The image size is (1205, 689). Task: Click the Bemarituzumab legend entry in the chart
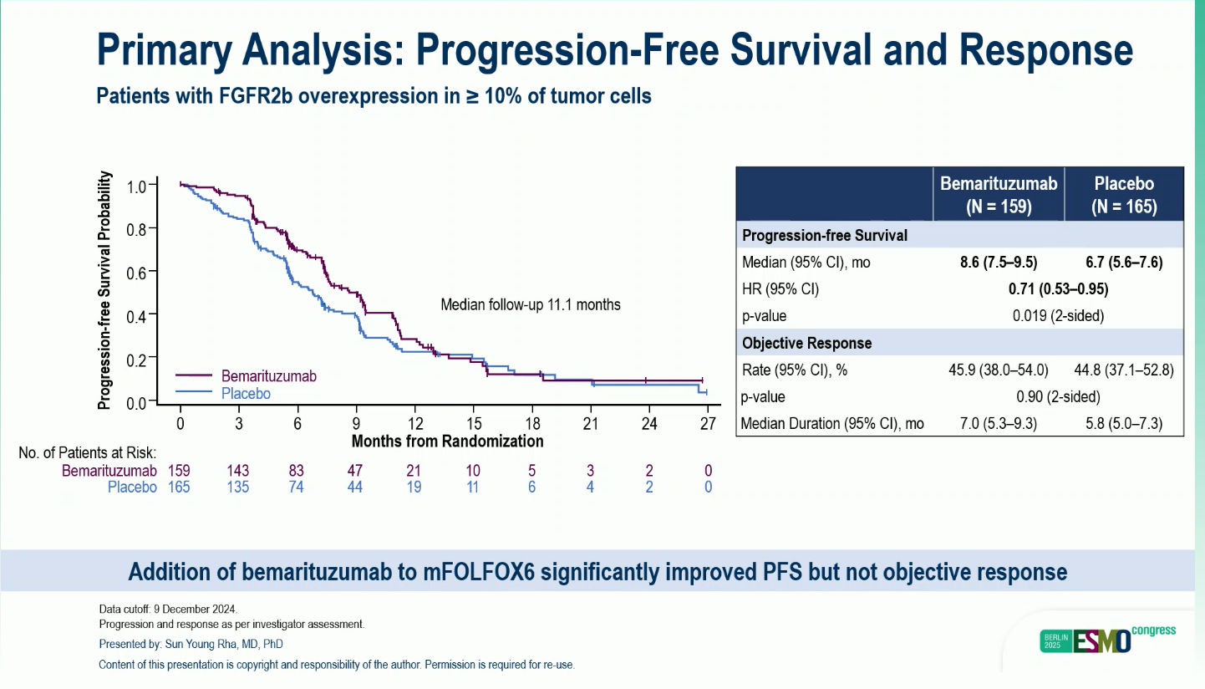(268, 376)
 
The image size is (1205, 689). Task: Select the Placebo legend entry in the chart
(246, 393)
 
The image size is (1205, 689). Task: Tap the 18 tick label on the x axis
(531, 423)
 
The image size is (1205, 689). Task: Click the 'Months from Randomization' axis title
(447, 441)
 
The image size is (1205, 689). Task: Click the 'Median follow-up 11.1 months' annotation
(531, 304)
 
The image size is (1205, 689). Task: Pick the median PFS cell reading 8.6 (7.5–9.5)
(998, 263)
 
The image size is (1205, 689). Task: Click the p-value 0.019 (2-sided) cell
(1058, 316)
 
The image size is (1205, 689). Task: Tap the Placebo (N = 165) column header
(1124, 196)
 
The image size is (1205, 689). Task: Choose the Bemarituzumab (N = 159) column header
(999, 196)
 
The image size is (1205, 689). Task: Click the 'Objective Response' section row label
(806, 343)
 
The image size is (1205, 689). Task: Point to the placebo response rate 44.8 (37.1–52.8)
(1124, 370)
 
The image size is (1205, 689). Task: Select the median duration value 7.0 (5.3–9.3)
(998, 423)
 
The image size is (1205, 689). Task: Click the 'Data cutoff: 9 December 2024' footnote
(168, 609)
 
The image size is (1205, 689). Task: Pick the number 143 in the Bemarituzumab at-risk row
(238, 471)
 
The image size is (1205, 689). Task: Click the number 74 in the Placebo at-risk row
(297, 487)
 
